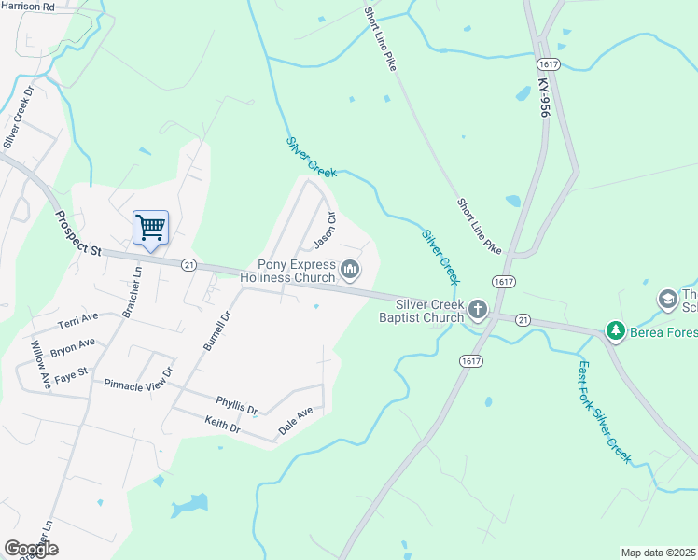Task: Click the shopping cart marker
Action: (x=150, y=227)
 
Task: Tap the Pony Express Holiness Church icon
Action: (x=351, y=271)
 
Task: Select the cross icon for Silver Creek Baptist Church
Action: (x=478, y=310)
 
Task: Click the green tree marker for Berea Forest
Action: (x=615, y=330)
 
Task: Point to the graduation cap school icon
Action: (x=667, y=299)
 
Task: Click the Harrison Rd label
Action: (x=28, y=6)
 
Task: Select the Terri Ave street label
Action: (x=78, y=320)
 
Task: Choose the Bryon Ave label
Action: (x=73, y=348)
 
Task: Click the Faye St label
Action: (x=70, y=373)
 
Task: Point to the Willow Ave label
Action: (x=38, y=364)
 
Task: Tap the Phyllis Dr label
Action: (x=236, y=407)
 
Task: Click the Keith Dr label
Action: (x=222, y=426)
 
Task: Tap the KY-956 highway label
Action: (x=545, y=96)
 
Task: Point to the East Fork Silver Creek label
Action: (x=605, y=411)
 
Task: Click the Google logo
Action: (x=31, y=549)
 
